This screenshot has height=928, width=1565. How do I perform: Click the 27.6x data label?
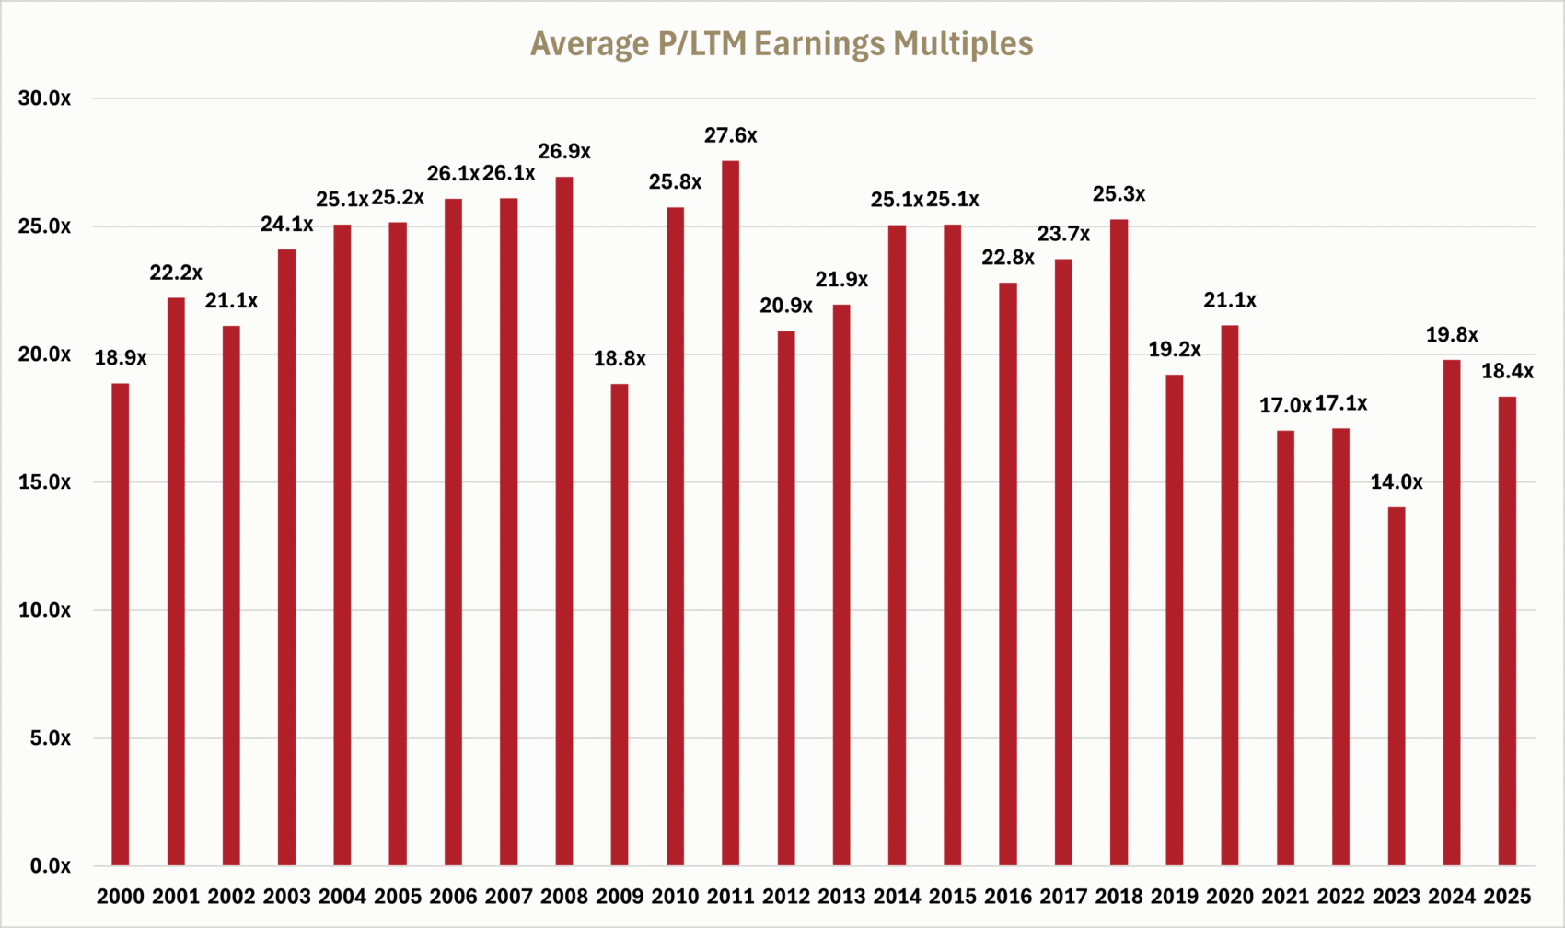(x=730, y=135)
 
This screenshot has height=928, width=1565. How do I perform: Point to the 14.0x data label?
(x=1397, y=481)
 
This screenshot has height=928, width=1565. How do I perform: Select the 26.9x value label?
(x=564, y=151)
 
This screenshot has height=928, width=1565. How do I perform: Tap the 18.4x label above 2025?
(x=1507, y=371)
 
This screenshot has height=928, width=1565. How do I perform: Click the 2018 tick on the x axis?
(x=1119, y=896)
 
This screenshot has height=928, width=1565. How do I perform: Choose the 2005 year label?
(x=398, y=896)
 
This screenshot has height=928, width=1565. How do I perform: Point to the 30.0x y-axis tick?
(x=44, y=99)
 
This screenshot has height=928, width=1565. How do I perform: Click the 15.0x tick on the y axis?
(x=44, y=482)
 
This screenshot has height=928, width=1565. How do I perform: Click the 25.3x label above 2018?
(x=1119, y=194)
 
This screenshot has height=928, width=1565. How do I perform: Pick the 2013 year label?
(x=841, y=896)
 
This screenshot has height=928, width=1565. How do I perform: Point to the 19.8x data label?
(x=1452, y=335)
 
